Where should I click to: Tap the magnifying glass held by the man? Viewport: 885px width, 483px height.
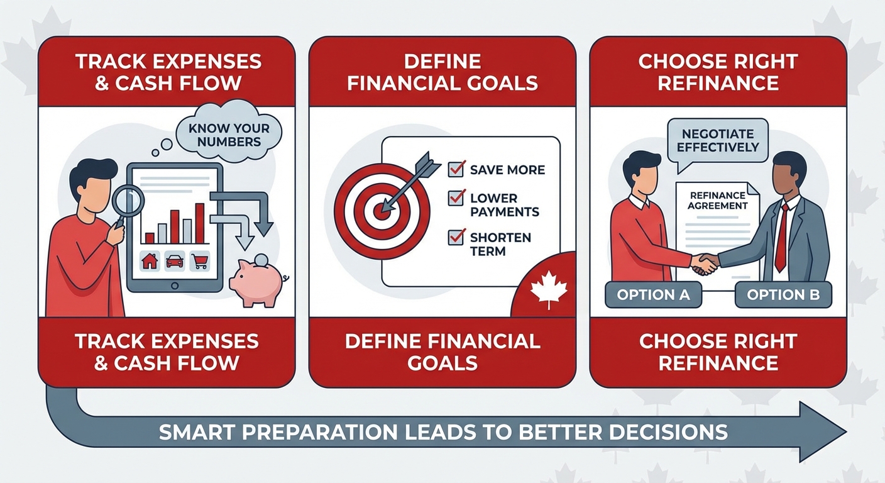(129, 201)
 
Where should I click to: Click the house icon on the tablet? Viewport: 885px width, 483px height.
(150, 261)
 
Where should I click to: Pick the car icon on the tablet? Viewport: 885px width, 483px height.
(175, 261)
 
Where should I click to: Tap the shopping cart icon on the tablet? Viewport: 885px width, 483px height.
(200, 261)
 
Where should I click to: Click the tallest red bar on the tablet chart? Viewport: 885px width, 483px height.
(200, 223)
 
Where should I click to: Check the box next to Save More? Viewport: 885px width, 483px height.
(456, 169)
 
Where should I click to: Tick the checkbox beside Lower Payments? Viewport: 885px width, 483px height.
(456, 198)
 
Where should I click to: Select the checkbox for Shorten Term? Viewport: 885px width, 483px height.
(456, 238)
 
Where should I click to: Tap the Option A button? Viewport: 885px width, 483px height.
(653, 295)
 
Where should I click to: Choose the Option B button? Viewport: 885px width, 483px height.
(783, 295)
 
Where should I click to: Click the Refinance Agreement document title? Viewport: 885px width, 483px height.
(717, 201)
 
